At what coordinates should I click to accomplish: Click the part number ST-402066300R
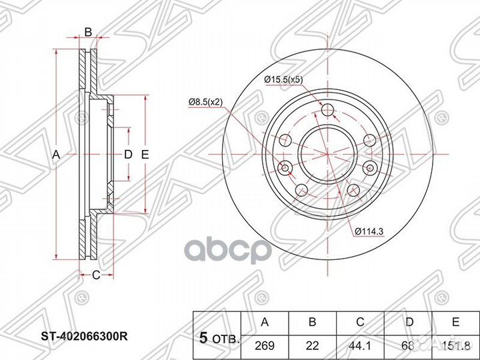click(84, 337)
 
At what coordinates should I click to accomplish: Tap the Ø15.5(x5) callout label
click(283, 80)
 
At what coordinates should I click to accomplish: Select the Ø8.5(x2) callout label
click(205, 102)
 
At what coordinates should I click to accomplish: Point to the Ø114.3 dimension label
click(369, 232)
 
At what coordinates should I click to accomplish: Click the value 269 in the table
click(265, 345)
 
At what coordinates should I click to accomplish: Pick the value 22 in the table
click(312, 345)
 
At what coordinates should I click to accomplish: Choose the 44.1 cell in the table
click(360, 345)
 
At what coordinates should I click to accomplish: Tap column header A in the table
click(265, 322)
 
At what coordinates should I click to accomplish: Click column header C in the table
click(360, 322)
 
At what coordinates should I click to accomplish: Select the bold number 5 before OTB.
click(203, 338)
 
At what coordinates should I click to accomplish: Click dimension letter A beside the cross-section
click(56, 155)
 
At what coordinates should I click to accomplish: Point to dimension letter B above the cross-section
click(88, 32)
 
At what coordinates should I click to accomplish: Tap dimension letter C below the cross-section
click(96, 275)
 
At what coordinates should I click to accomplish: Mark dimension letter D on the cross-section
click(128, 155)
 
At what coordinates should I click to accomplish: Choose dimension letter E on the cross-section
click(145, 155)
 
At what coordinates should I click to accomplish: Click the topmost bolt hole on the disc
click(328, 110)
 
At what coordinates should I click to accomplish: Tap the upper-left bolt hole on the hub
click(285, 140)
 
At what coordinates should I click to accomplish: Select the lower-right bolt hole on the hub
click(353, 191)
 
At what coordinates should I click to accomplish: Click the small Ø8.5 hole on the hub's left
click(285, 168)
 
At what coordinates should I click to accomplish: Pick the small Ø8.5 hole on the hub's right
click(370, 168)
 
